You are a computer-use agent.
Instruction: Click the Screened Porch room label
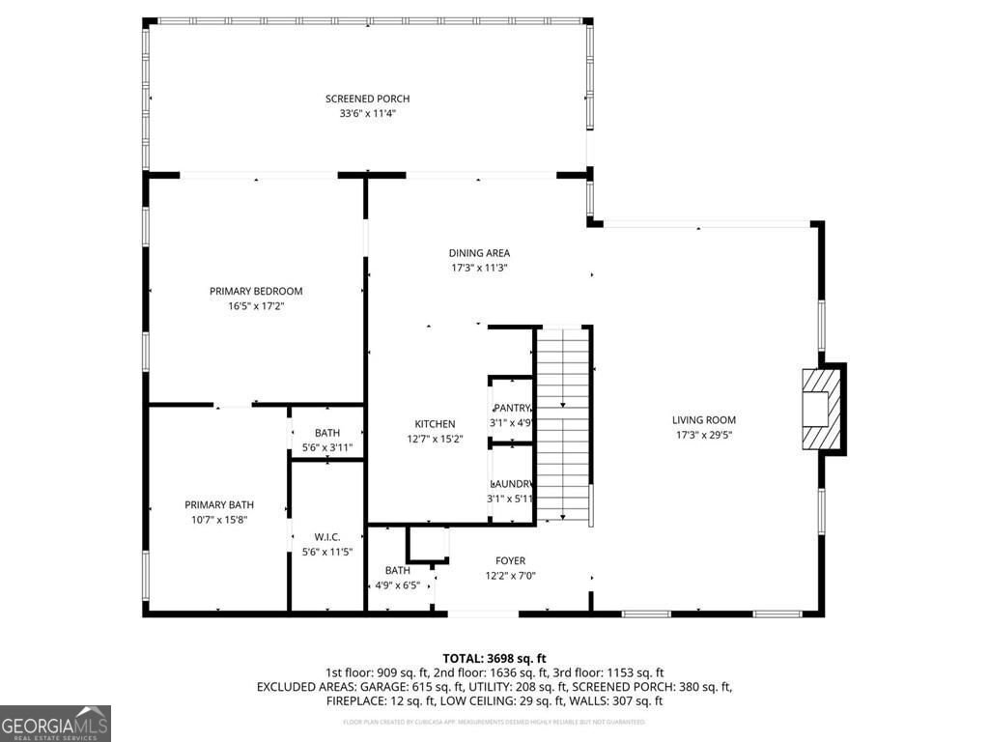(x=367, y=99)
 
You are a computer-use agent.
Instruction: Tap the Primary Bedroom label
(x=256, y=291)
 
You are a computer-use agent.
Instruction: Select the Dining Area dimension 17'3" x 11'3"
(x=479, y=268)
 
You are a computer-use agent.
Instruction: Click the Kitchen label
(x=435, y=424)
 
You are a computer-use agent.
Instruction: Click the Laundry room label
(x=511, y=483)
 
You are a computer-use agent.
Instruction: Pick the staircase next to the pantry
(x=564, y=425)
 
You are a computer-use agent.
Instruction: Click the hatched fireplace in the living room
(x=819, y=409)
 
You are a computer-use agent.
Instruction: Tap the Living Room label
(x=704, y=419)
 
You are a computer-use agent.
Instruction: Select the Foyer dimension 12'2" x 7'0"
(x=511, y=576)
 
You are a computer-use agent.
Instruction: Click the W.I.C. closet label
(x=327, y=537)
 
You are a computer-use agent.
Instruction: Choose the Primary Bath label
(x=219, y=504)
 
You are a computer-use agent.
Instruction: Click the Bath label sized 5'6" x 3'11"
(x=327, y=447)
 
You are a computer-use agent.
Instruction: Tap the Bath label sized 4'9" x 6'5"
(x=398, y=585)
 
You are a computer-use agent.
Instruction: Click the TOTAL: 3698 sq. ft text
(x=494, y=657)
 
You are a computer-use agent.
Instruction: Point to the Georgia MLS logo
(x=56, y=724)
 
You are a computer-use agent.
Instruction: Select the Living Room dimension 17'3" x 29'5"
(x=704, y=435)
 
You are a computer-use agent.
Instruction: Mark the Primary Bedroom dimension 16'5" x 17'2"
(x=256, y=306)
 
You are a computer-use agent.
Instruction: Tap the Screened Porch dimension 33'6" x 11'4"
(x=367, y=114)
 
